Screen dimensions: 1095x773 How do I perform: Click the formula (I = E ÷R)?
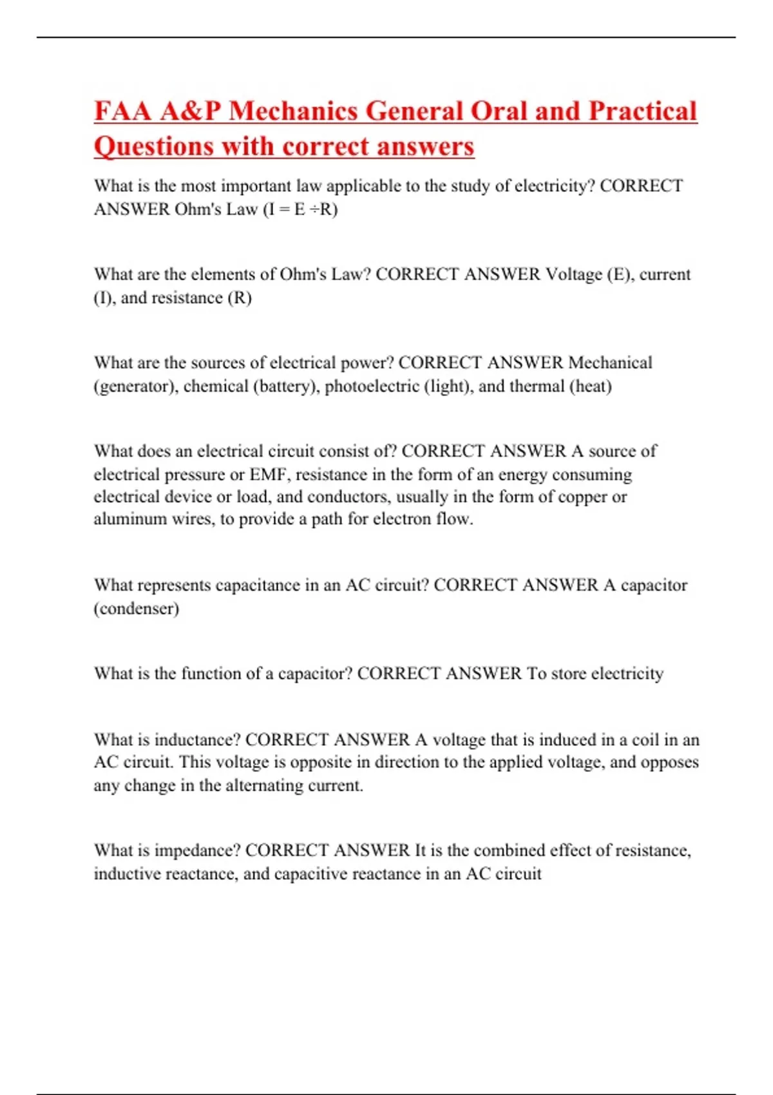tap(300, 209)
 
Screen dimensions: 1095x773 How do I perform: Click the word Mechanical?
tap(610, 363)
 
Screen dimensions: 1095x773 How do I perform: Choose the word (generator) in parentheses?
tap(136, 386)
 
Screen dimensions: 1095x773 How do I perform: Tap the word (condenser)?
tap(137, 609)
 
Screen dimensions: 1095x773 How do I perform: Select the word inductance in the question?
tap(197, 739)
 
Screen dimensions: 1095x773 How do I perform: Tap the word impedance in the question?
tap(198, 851)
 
